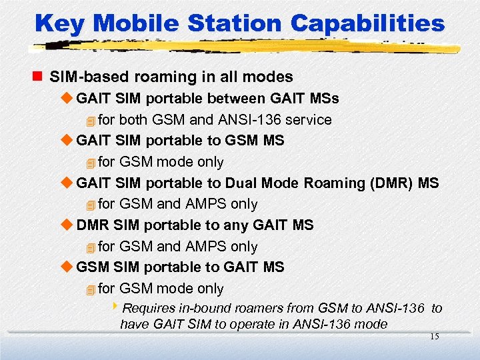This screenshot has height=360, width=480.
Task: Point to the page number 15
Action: tap(434, 337)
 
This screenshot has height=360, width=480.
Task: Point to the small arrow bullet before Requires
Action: tap(115, 307)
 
